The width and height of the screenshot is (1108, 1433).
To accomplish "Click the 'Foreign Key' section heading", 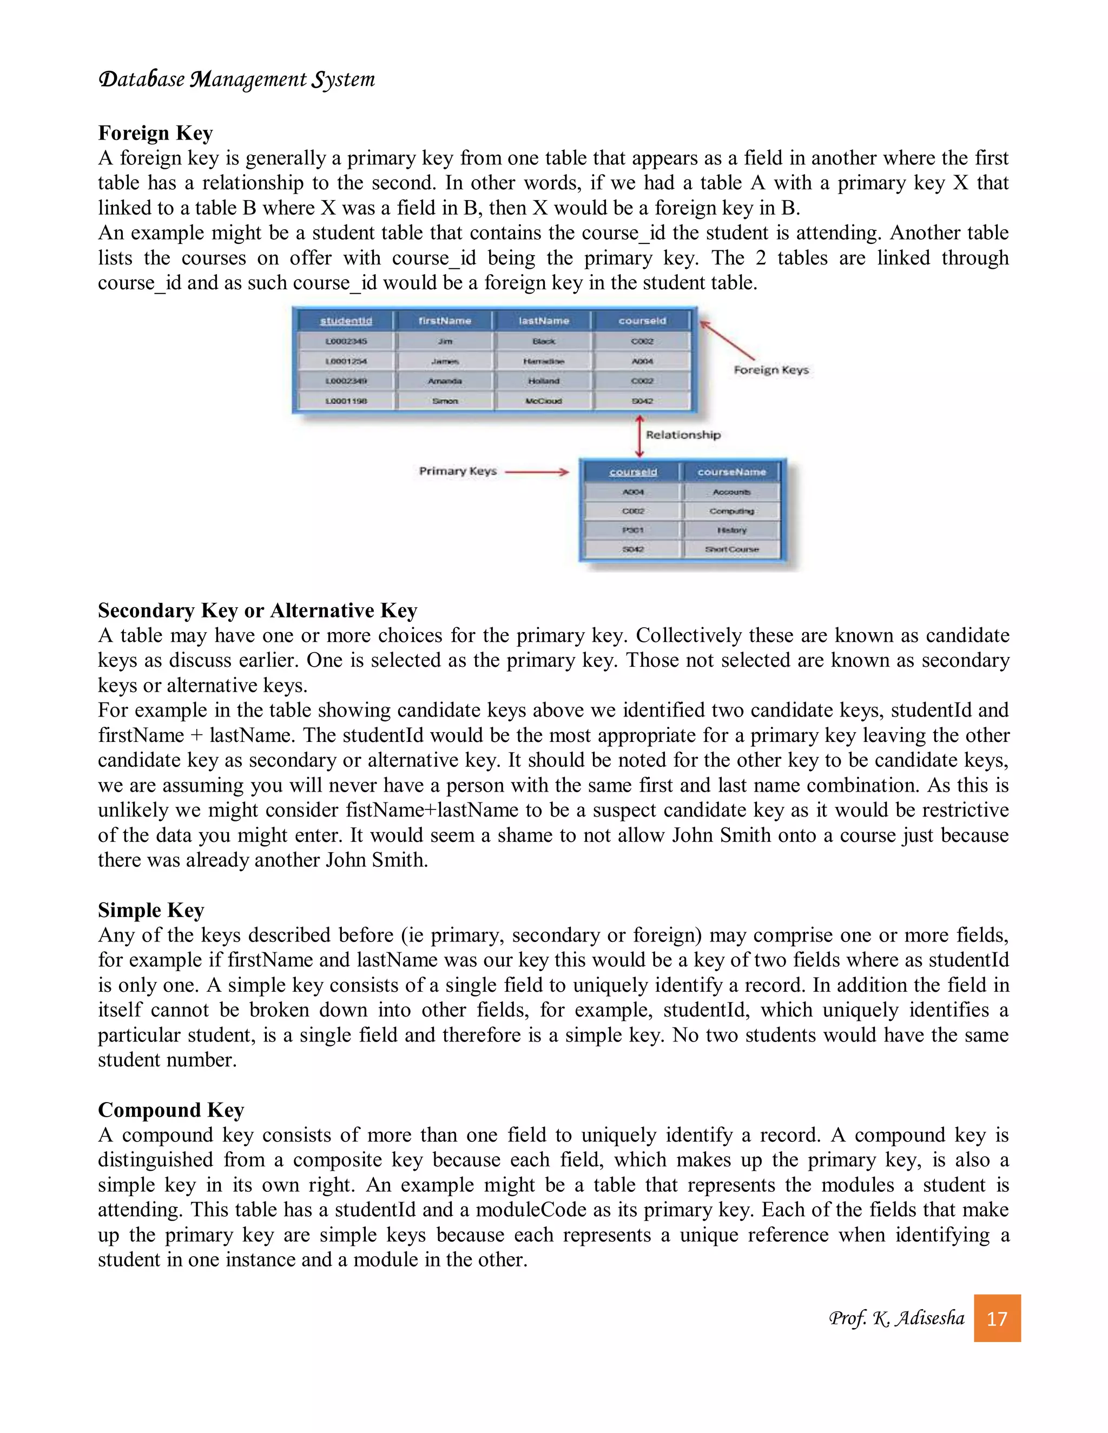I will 156,133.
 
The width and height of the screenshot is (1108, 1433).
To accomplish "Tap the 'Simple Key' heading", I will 151,910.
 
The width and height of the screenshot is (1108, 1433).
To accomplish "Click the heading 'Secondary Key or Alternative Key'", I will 258,610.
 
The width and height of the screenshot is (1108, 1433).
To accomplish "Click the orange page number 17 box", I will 997,1318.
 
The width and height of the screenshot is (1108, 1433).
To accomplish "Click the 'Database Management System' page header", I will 236,79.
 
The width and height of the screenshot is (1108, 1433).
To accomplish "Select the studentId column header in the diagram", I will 346,321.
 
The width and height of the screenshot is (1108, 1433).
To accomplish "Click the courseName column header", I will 731,472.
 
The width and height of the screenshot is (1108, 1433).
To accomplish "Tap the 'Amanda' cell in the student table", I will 445,381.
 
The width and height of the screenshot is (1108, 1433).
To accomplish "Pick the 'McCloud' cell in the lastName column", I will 544,401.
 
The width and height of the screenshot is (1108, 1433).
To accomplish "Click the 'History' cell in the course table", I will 731,530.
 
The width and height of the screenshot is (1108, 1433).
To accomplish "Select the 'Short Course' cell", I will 731,549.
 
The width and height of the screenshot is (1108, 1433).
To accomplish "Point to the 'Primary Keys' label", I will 458,471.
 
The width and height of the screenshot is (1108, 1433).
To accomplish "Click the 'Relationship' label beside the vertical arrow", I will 683,435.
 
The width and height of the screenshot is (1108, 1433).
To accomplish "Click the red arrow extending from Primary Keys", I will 536,472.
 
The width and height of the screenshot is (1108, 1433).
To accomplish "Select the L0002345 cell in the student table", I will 346,341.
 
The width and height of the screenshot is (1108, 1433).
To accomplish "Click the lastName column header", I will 544,321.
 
